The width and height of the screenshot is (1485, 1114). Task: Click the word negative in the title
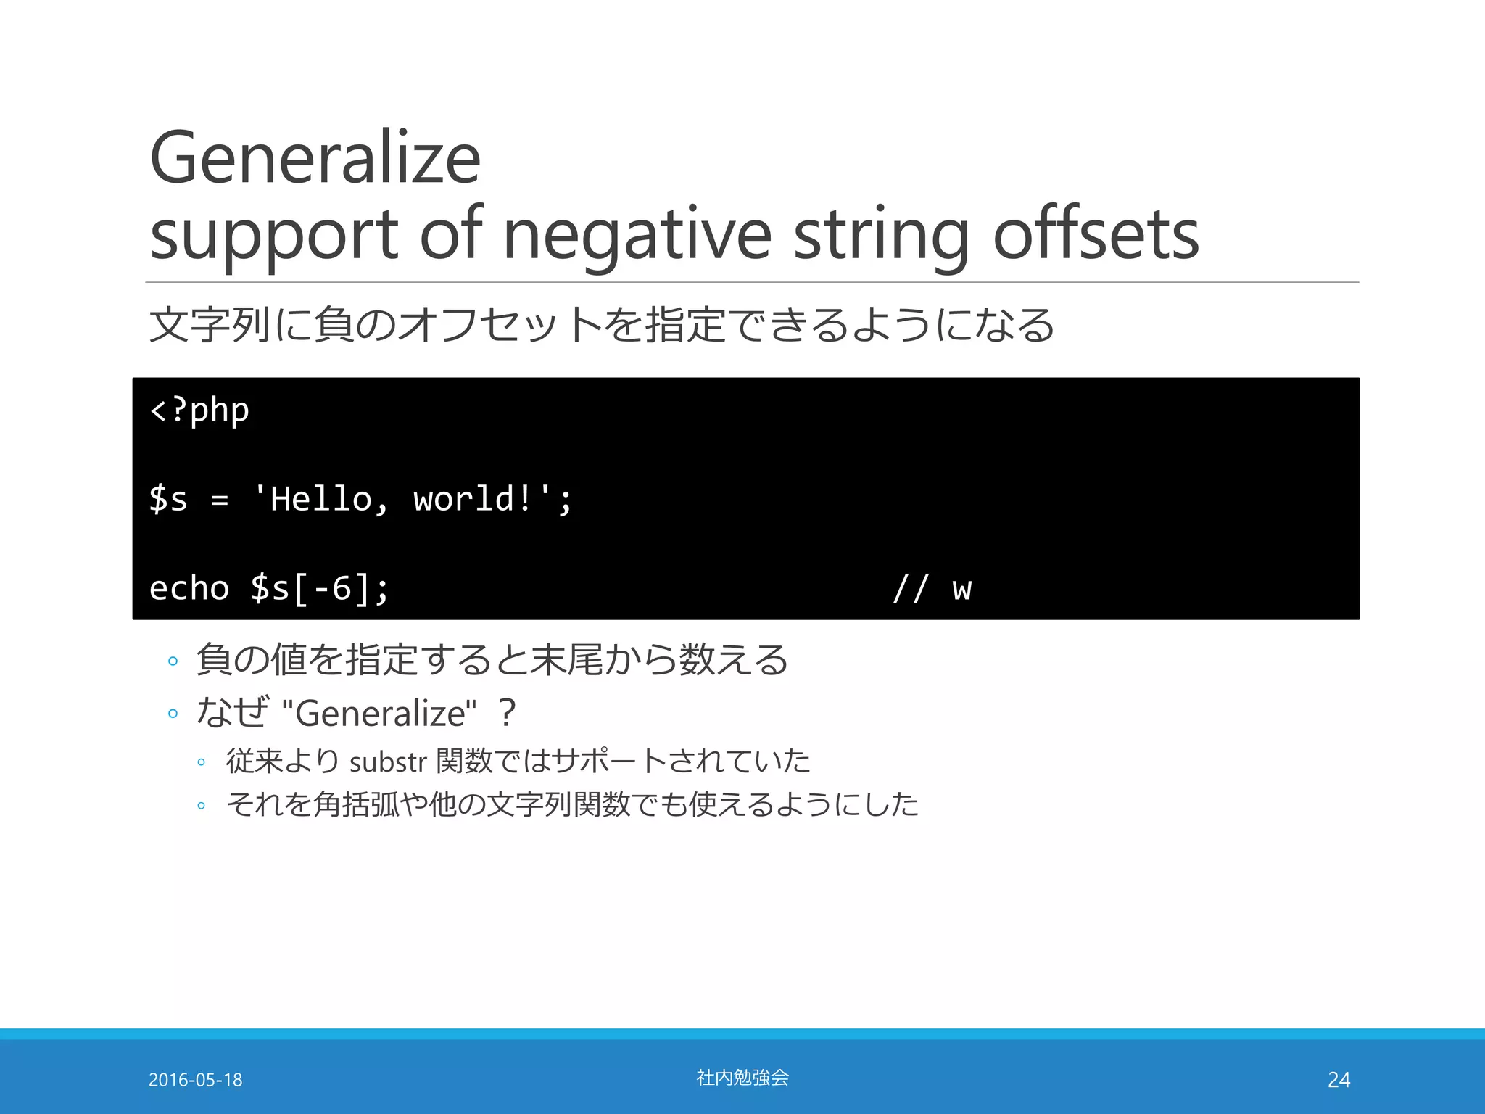pos(637,236)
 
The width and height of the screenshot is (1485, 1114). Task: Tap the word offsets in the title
pos(1096,236)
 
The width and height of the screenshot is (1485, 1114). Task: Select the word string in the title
pos(881,236)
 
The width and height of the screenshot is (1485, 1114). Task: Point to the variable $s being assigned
pos(168,499)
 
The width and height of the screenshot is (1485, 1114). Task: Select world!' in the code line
pos(484,499)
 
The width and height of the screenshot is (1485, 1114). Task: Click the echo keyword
pos(189,588)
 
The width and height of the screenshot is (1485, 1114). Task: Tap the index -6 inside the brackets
pos(332,588)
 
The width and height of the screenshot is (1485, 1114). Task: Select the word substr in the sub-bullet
pos(388,762)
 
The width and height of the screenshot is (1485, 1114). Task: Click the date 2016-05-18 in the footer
pos(195,1080)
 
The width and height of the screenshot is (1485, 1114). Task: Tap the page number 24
pos(1339,1080)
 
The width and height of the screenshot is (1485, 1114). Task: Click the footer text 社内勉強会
pos(742,1078)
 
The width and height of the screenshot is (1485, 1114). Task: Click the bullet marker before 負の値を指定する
pos(173,661)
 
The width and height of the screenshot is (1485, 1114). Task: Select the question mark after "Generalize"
pos(508,713)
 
